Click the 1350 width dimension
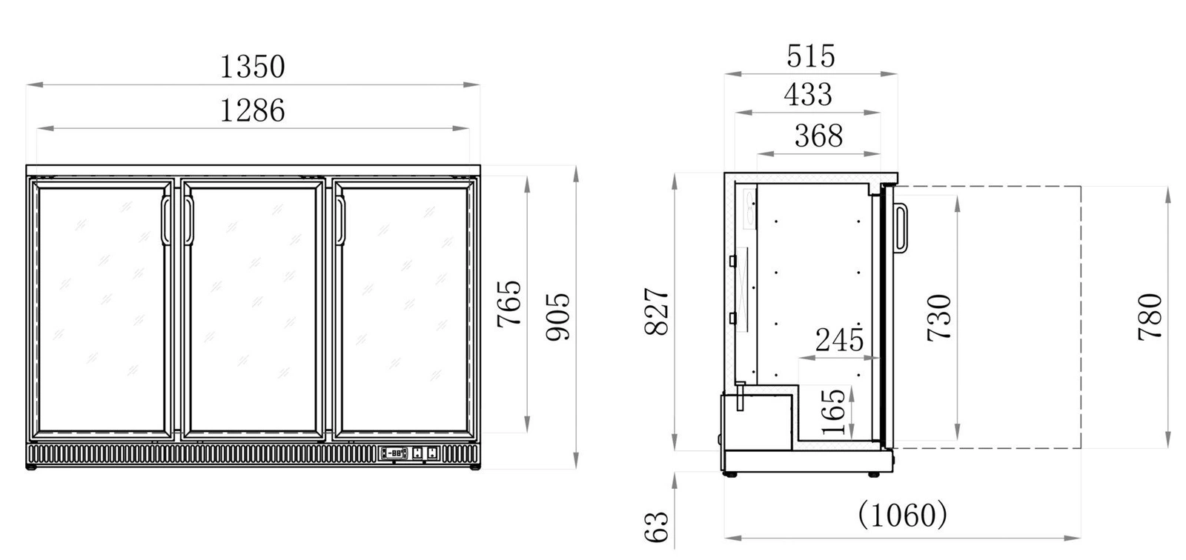[253, 67]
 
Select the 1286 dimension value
[253, 111]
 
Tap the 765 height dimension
[509, 303]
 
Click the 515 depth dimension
[811, 56]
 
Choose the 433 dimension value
[808, 95]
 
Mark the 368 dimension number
[818, 136]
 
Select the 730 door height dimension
[939, 317]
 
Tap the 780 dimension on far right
[1150, 317]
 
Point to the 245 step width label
[839, 341]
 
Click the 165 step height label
[834, 411]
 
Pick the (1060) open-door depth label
[902, 513]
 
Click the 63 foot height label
[657, 527]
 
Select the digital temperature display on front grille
[395, 453]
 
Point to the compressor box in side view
[758, 421]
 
